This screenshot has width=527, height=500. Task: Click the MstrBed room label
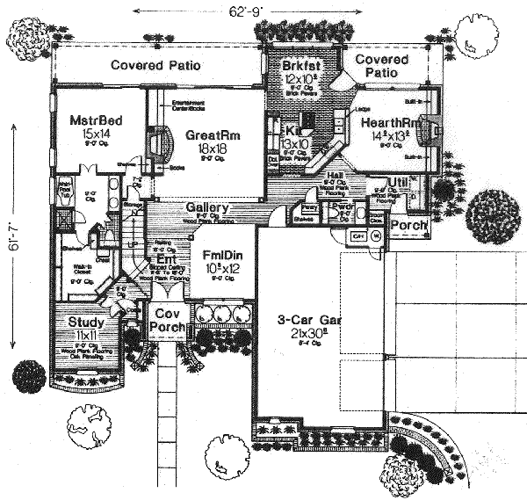click(x=89, y=118)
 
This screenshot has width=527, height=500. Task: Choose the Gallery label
click(x=207, y=208)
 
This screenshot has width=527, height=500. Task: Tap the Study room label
click(x=87, y=322)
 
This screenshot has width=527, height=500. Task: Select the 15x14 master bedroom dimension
click(x=88, y=133)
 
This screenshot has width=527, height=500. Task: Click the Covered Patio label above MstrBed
click(x=156, y=65)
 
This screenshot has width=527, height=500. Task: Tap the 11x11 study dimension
click(x=87, y=335)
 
